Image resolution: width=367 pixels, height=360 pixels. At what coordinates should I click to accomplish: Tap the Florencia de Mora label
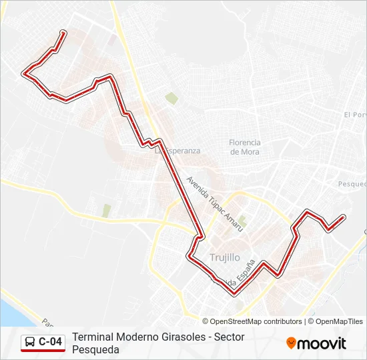[244, 147]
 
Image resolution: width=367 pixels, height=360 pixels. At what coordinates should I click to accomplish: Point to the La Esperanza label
[177, 151]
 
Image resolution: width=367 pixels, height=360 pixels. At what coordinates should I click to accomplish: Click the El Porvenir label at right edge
[356, 115]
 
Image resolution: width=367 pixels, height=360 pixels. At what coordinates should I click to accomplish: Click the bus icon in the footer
[30, 343]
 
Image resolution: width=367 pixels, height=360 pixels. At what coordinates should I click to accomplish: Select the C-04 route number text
[51, 343]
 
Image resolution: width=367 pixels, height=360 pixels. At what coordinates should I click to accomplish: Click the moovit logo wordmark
[322, 343]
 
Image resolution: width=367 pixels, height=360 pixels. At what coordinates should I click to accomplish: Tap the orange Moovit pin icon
[291, 343]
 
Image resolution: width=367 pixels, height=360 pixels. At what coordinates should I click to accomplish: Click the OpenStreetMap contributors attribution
[256, 321]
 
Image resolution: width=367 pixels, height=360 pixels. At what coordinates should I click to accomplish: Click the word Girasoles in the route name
[180, 337]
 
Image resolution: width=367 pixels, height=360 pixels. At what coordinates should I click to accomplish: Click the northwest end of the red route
[63, 32]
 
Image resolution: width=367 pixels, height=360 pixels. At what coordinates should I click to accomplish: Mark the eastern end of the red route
[343, 217]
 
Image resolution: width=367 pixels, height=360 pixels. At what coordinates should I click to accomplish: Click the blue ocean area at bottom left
[10, 310]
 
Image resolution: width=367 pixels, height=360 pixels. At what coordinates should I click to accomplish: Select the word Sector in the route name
[229, 337]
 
